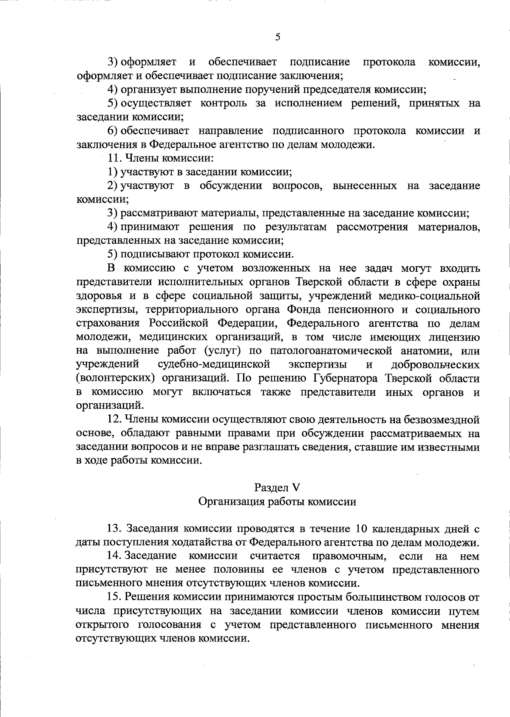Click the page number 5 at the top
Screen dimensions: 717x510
pos(278,37)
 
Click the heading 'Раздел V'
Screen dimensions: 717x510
pos(277,487)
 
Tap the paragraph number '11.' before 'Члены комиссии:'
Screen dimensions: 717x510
pos(115,158)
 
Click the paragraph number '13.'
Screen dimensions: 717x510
pos(115,529)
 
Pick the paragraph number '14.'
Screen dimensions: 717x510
pos(115,556)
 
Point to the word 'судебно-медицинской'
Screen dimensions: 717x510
pos(214,365)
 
